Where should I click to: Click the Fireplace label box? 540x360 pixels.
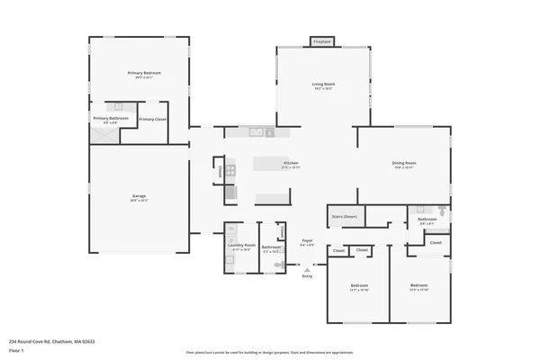click(321, 41)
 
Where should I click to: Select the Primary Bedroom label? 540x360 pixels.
click(139, 75)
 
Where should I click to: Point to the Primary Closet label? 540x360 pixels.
click(152, 118)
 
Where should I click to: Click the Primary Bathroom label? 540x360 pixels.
click(111, 118)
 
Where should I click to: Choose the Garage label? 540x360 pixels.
click(139, 197)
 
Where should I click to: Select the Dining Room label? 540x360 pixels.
click(403, 164)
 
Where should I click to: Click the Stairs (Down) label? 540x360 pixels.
click(345, 216)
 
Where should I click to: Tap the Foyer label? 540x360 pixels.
click(307, 240)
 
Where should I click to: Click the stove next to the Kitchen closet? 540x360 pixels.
click(230, 168)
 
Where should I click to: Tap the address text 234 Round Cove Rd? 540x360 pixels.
click(51, 341)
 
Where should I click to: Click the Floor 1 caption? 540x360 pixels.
click(15, 352)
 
